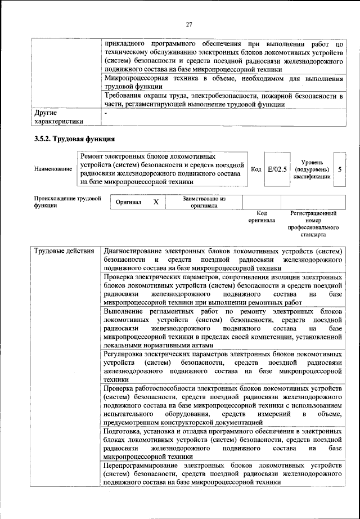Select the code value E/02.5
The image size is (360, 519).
pos(277,168)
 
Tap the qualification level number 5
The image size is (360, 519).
pos(339,168)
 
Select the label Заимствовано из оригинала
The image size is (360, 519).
pos(204,202)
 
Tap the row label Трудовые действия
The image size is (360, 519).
pos(64,250)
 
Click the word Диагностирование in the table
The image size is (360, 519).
pos(133,250)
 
